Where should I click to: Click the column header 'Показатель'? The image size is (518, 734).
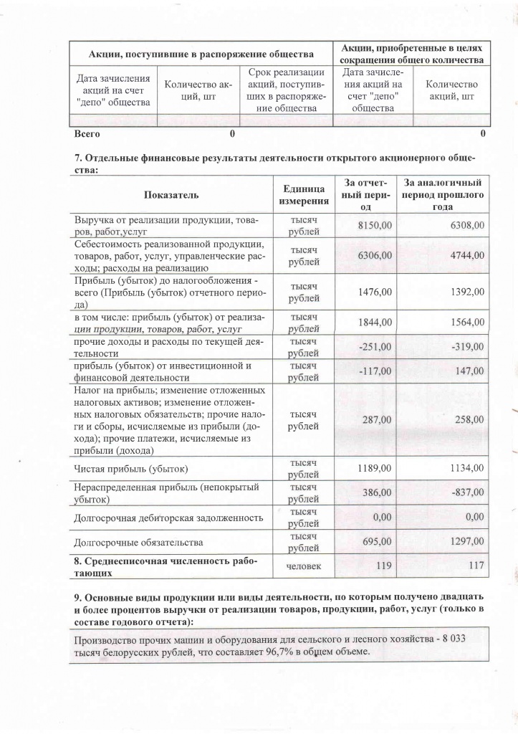point(171,194)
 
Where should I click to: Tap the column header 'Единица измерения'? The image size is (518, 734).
point(304,194)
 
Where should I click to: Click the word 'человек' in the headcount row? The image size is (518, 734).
point(304,566)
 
